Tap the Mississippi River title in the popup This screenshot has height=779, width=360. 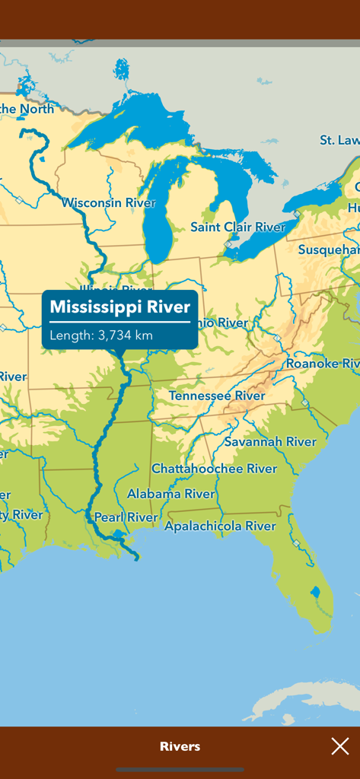119,307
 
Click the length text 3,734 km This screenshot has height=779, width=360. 101,335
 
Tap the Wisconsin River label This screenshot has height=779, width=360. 108,203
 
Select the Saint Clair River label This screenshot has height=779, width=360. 237,227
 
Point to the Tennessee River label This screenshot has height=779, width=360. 217,396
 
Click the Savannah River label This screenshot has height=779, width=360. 269,441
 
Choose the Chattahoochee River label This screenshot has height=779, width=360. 214,469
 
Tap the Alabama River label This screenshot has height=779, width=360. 170,494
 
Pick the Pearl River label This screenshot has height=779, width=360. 126,517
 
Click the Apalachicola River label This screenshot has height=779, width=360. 220,526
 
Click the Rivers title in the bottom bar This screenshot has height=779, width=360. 180,746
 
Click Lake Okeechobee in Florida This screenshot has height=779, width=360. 315,592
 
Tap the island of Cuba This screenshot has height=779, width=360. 304,696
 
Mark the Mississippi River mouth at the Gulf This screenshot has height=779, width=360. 136,558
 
